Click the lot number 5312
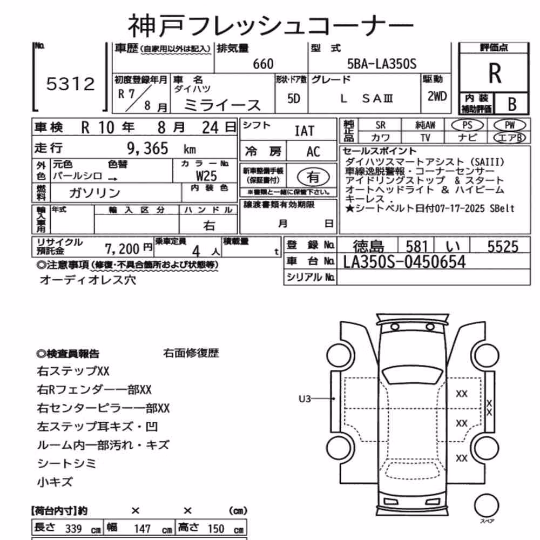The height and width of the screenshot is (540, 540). [x=71, y=84]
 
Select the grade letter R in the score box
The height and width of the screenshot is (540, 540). [x=495, y=73]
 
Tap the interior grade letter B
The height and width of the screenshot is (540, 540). [x=512, y=104]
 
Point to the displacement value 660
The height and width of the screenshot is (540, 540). [x=263, y=64]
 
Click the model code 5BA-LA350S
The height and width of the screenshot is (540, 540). [x=382, y=64]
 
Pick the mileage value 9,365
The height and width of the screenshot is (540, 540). [x=147, y=148]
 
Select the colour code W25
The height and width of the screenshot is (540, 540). [x=206, y=176]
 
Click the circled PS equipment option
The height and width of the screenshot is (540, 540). [x=467, y=125]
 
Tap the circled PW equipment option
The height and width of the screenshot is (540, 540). [x=509, y=125]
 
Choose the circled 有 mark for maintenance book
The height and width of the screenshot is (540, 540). [x=313, y=177]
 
